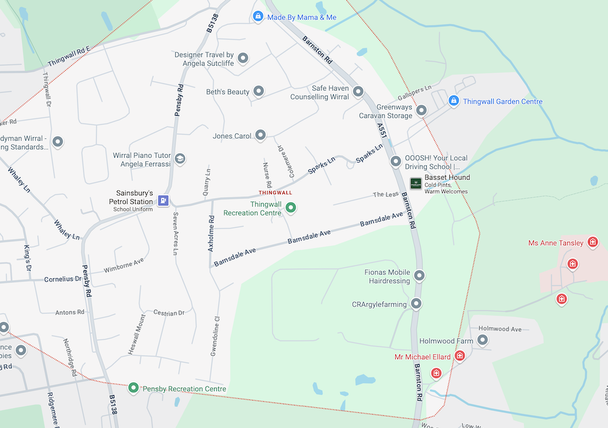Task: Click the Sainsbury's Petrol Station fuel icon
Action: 163,200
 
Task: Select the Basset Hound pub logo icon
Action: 416,183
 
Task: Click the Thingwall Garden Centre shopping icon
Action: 453,101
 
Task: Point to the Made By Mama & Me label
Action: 302,17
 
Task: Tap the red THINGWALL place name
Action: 275,192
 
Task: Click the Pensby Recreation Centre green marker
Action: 133,387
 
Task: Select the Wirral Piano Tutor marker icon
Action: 180,159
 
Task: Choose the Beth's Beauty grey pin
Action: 258,92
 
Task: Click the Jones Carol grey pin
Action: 261,135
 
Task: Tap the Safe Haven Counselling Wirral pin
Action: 359,92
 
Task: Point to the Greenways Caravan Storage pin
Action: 421,110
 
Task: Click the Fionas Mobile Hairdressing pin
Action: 420,277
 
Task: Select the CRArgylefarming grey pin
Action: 416,303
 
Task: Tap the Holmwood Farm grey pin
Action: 483,340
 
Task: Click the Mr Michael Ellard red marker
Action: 460,356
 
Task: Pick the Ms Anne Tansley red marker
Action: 593,243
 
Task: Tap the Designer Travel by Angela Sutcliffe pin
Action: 243,58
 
